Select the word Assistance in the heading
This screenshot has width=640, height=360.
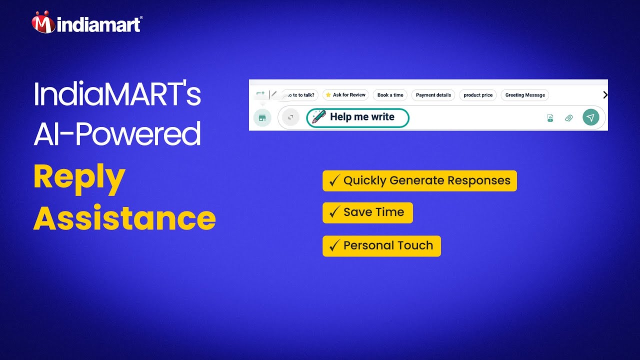coord(124,218)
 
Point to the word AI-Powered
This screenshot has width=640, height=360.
coord(117,134)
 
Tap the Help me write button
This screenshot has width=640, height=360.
coord(357,117)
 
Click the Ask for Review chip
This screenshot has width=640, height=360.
coord(345,95)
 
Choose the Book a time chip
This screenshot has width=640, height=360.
coord(390,95)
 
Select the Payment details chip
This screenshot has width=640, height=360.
coord(433,95)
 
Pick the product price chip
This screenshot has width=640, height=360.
coord(477,95)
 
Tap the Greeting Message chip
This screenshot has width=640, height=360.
coord(524,95)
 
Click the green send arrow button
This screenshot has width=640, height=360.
coord(590,117)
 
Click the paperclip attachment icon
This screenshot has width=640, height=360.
coord(568,118)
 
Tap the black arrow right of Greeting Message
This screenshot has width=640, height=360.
coord(605,95)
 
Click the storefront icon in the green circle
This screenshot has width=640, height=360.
coord(262,117)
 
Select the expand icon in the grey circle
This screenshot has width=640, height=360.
coord(290,117)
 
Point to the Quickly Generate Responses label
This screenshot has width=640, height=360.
coord(426,180)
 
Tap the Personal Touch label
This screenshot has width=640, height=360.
coord(388,245)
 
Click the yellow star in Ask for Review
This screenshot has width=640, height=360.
coord(328,95)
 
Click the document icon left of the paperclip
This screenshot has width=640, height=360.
coord(550,118)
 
